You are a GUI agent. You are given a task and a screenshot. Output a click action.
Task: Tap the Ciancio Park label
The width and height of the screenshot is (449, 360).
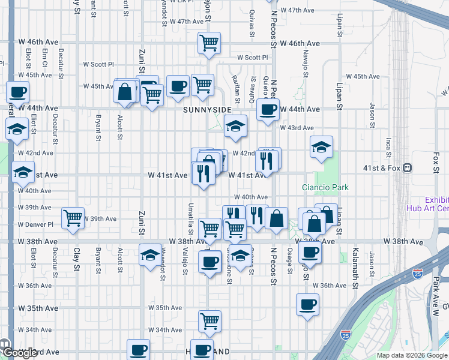[325, 187]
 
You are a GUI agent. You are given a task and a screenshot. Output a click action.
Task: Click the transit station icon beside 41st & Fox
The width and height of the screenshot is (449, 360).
[408, 168]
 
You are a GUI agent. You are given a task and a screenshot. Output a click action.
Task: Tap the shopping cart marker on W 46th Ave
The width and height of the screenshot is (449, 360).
[209, 42]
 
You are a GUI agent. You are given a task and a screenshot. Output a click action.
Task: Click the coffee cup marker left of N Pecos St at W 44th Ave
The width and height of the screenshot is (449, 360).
[268, 109]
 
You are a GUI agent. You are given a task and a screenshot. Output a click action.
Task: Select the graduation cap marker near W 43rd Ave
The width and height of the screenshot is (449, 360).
[236, 125]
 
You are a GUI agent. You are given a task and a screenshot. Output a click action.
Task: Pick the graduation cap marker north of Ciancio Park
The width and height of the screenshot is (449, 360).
[322, 146]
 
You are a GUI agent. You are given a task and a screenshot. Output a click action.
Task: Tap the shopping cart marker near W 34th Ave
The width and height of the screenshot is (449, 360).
[209, 320]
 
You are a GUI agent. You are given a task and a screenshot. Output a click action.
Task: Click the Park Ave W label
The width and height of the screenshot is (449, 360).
[436, 289]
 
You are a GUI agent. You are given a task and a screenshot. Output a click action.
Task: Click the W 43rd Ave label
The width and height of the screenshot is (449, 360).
[297, 128]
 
